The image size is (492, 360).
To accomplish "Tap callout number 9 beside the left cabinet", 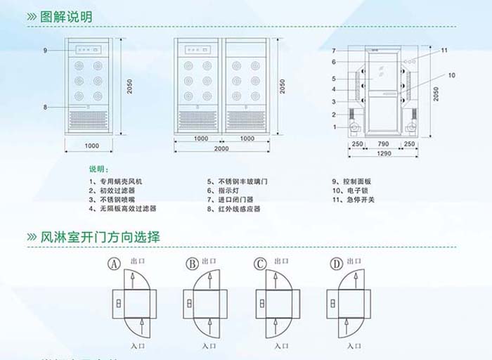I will point(44,51).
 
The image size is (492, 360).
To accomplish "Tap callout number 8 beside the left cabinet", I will point(44,107).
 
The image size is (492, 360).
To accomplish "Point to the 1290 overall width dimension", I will point(384,153).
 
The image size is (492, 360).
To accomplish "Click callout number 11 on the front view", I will point(444,51).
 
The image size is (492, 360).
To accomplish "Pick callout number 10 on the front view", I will point(451,75).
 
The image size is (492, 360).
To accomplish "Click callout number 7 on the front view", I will point(334,51).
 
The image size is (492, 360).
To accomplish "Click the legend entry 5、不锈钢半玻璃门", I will point(237,181).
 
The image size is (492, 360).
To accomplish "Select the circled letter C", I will point(260,264).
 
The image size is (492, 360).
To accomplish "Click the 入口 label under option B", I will point(208,346).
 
